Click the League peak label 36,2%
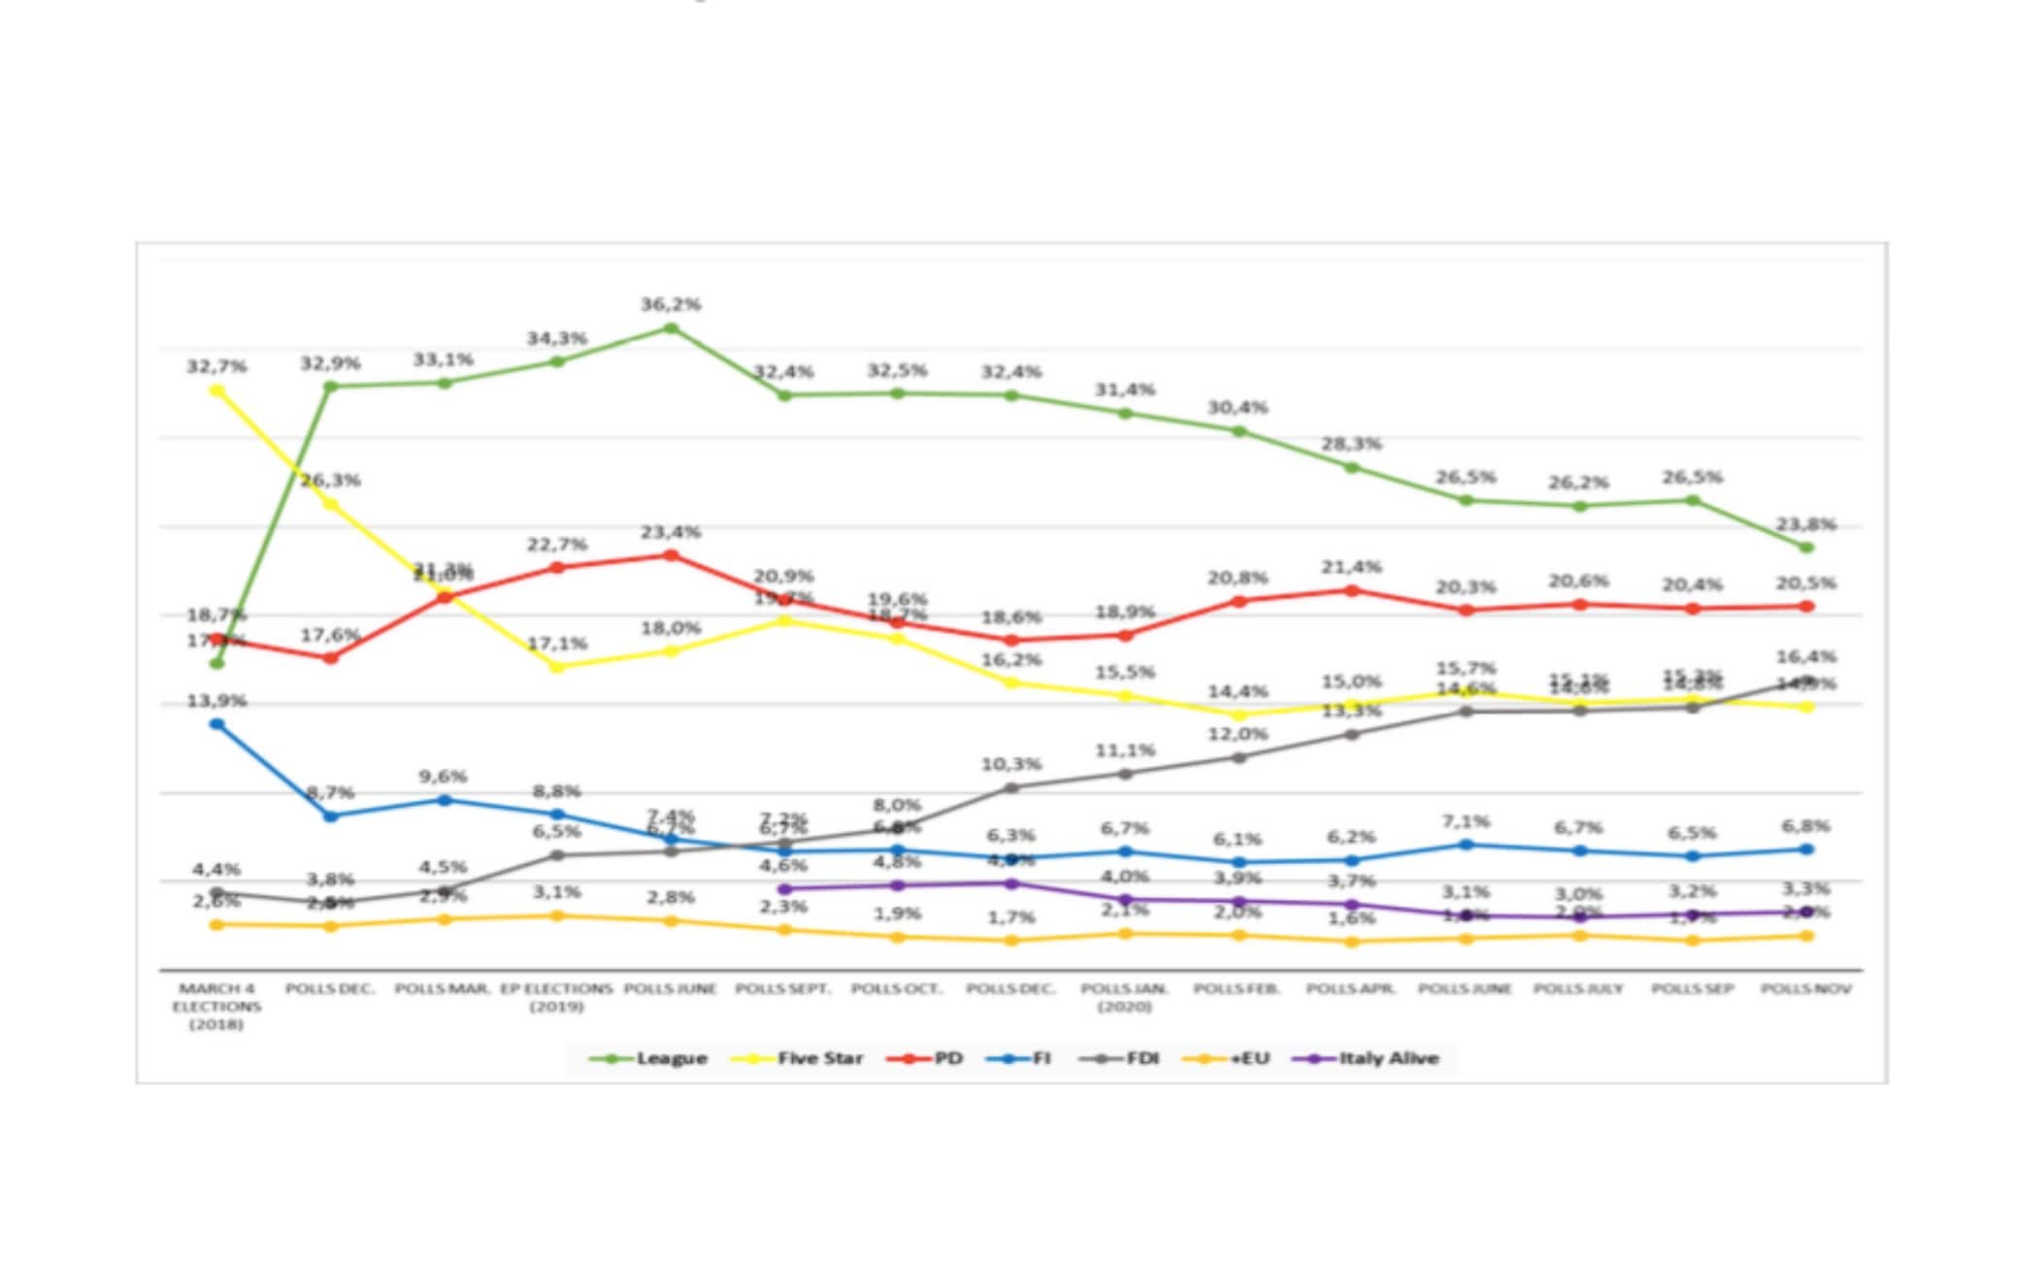point(670,304)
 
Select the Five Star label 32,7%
point(216,366)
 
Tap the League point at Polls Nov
point(1806,548)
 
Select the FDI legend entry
point(1121,1058)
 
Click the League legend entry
point(650,1058)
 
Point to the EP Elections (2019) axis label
point(556,997)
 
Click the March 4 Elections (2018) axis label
point(216,1006)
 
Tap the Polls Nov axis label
point(1806,988)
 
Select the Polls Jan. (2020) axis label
point(1125,997)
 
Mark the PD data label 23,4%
point(670,532)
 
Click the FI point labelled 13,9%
point(216,724)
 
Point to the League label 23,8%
point(1805,524)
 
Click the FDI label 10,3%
point(1011,764)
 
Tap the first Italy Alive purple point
point(784,889)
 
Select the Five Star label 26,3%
point(330,480)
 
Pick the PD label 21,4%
point(1351,566)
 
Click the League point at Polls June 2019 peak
point(670,328)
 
